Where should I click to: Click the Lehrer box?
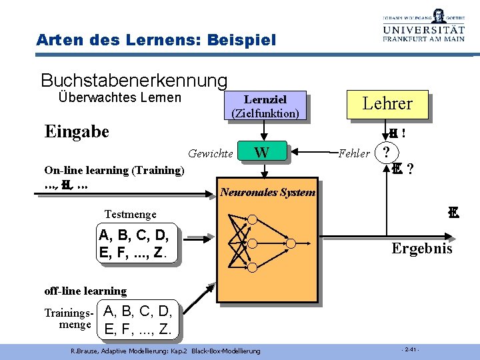coord(387,104)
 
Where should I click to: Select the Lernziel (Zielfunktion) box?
coord(265,106)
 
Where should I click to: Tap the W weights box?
coord(263,153)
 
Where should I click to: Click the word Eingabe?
coord(76,131)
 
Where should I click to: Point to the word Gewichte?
coord(211,154)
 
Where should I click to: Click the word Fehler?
coord(354,154)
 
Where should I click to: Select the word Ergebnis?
coord(421,249)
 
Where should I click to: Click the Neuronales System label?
coord(267,193)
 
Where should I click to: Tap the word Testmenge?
coord(131,214)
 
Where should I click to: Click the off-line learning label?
coord(85,291)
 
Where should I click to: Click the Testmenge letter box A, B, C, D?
coord(137,244)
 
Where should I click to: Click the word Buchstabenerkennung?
coord(134,81)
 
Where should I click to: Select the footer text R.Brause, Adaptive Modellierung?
coord(165,351)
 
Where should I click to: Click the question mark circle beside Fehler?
coord(386,152)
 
